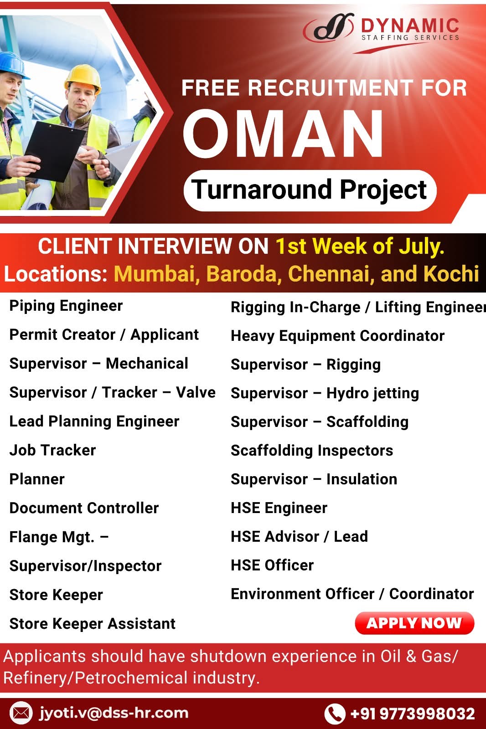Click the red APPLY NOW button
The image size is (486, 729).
[x=414, y=623]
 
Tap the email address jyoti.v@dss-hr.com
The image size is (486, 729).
[x=114, y=713]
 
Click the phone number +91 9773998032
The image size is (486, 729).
[x=413, y=714]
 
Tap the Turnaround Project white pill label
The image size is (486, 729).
[x=310, y=190]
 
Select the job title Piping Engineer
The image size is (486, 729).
[x=66, y=306]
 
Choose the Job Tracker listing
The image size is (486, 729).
[x=53, y=451]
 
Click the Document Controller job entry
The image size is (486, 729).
[x=84, y=508]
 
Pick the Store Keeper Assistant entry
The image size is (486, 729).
[x=93, y=624]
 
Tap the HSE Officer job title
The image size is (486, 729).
[x=272, y=565]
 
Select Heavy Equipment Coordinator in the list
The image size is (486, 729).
[x=338, y=336]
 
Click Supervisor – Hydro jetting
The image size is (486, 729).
[x=325, y=394]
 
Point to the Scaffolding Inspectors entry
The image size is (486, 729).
[x=312, y=451]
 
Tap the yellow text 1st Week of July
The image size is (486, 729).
[x=360, y=246]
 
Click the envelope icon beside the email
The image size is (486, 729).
[x=21, y=714]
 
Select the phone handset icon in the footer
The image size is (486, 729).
[x=335, y=714]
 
